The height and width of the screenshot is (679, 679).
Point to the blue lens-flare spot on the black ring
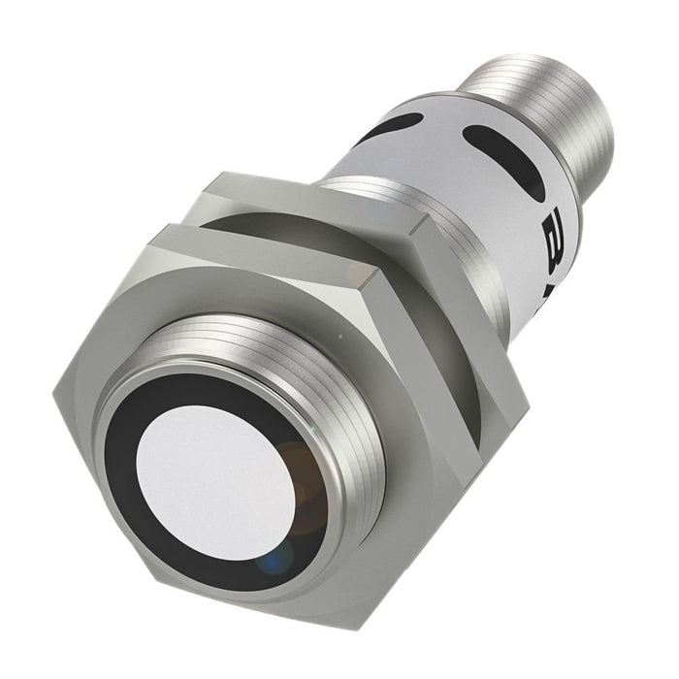[x=275, y=560]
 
